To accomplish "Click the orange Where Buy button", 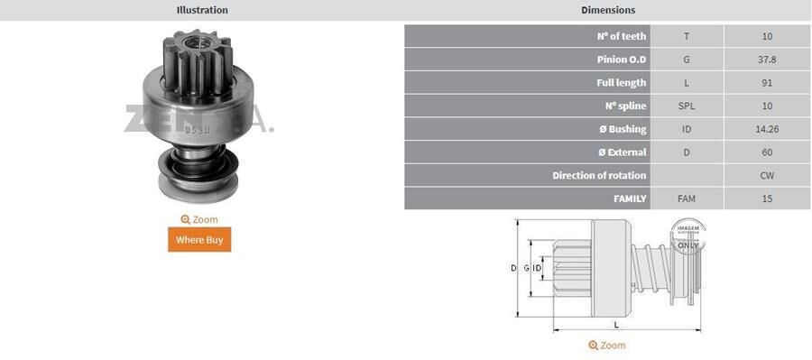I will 199,239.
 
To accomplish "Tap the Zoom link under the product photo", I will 199,219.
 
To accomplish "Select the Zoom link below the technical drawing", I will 606,346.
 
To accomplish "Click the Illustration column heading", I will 201,10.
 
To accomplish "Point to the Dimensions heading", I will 608,10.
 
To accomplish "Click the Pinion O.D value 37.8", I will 767,60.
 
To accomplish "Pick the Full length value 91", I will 767,83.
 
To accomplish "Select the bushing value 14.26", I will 767,129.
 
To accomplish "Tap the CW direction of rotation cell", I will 767,176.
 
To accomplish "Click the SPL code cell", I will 687,106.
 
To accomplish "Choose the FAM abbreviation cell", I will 687,198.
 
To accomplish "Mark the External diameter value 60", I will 767,152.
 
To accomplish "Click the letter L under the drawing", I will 616,323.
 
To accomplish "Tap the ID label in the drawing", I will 537,269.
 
